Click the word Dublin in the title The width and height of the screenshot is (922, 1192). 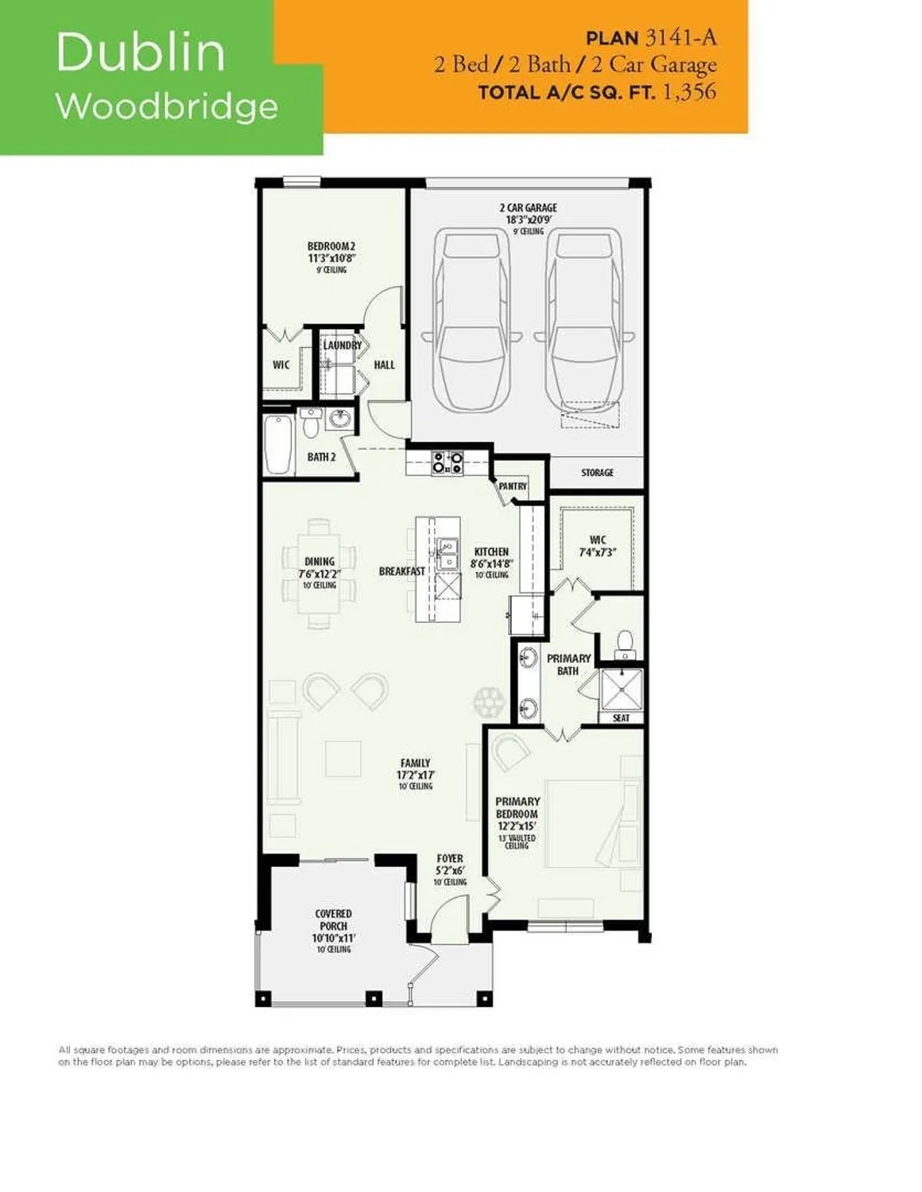[141, 52]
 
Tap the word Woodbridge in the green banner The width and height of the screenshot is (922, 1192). [167, 106]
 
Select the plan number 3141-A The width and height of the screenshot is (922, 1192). [680, 37]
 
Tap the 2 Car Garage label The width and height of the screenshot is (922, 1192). [529, 208]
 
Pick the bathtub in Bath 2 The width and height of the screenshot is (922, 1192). [278, 444]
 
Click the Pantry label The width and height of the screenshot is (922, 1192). [513, 486]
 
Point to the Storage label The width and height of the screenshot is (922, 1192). [597, 473]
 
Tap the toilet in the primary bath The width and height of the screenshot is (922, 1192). [626, 642]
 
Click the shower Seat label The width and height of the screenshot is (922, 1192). [622, 718]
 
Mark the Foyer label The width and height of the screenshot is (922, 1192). [450, 859]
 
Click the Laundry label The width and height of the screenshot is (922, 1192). [343, 346]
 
